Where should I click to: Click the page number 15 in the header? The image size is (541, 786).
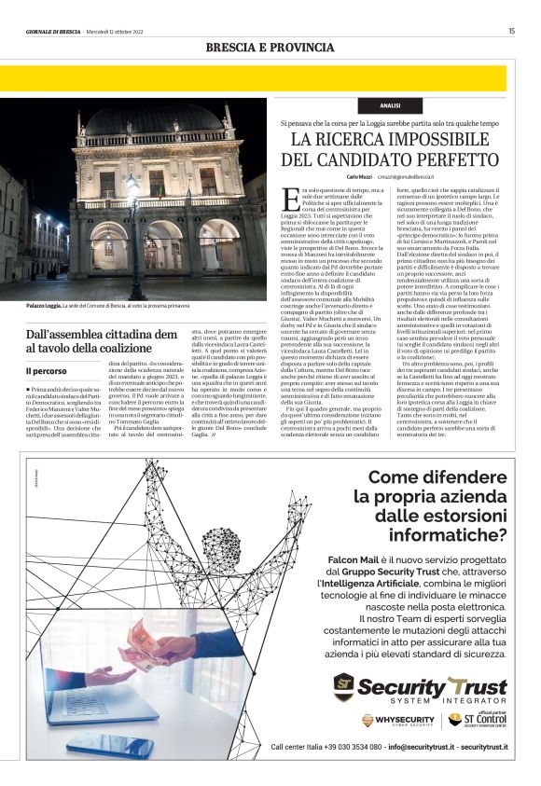tap(511, 31)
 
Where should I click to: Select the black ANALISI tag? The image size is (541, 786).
tap(391, 106)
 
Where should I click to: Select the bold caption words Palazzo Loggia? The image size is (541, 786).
tap(43, 306)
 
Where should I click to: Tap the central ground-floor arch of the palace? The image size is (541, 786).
tap(164, 245)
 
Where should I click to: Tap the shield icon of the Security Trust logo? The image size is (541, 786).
tap(345, 688)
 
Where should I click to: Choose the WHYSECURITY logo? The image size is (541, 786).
tap(398, 720)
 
